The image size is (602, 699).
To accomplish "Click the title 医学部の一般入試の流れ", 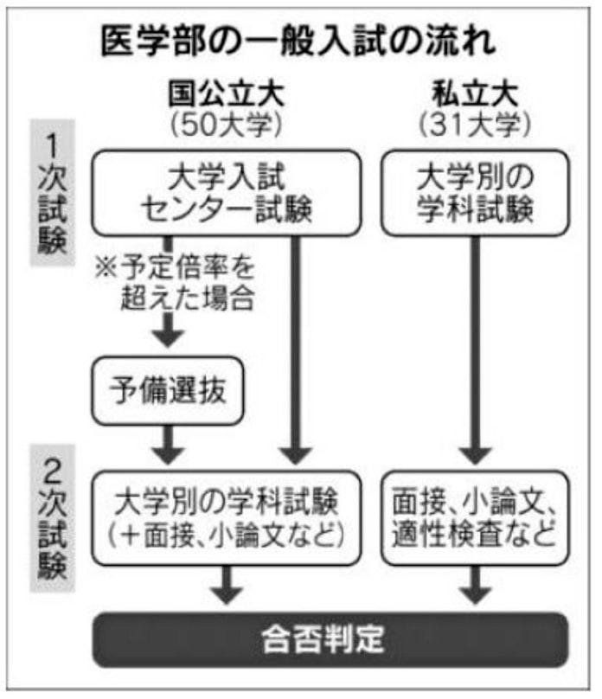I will pyautogui.click(x=301, y=41).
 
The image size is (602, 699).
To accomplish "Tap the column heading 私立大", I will pyautogui.click(x=475, y=91).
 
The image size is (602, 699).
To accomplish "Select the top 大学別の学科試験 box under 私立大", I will pyautogui.click(x=475, y=193).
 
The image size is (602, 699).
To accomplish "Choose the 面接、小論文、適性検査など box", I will pyautogui.click(x=475, y=518).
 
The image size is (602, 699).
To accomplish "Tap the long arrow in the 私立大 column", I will pyautogui.click(x=475, y=346).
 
